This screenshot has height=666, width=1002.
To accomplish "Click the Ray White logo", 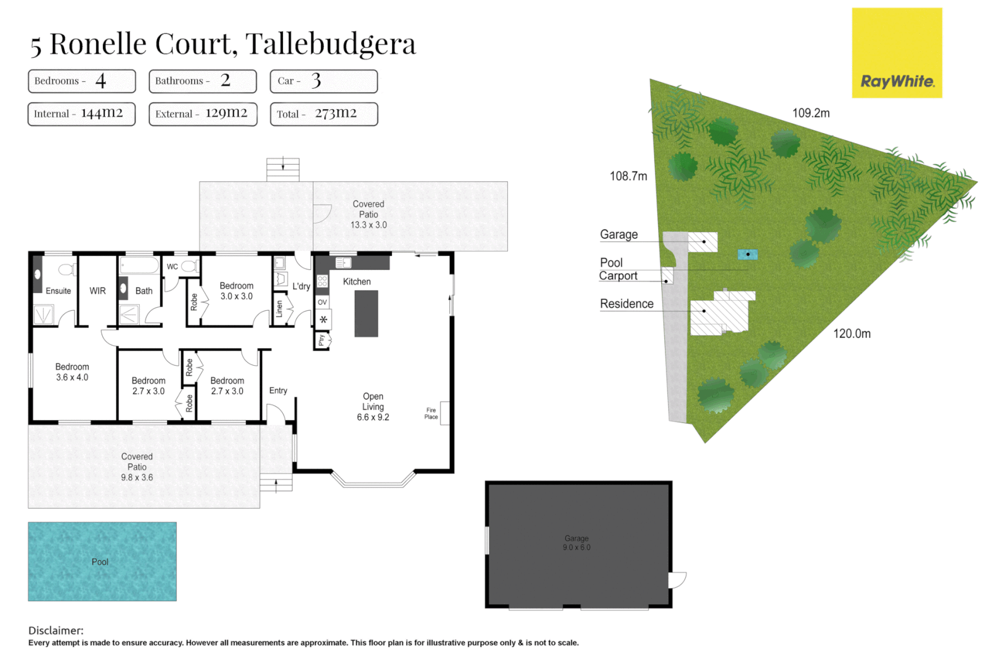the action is (897, 53).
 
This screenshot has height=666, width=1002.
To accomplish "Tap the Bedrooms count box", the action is (81, 81).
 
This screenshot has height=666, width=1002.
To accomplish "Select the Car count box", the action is (324, 81).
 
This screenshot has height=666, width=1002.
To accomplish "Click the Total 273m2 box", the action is (324, 114).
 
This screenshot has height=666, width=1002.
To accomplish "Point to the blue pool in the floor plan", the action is (102, 561).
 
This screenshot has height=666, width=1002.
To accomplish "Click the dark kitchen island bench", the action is (366, 313).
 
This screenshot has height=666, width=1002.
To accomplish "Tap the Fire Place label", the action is (431, 414).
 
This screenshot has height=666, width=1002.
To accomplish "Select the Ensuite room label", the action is (58, 291).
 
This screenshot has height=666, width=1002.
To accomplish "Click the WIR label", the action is (97, 291).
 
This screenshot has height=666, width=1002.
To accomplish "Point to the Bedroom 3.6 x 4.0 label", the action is (72, 372).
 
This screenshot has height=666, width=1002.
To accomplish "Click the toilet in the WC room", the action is (189, 266).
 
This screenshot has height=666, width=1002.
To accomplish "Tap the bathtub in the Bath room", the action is (140, 266).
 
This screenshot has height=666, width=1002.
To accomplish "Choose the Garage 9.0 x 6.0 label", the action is (576, 543).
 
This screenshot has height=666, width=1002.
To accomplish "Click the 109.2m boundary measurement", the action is (810, 113).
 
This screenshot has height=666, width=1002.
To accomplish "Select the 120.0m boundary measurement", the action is (852, 334).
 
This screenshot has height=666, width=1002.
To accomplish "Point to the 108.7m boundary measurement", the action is (628, 176).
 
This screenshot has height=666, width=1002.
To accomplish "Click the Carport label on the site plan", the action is (618, 276).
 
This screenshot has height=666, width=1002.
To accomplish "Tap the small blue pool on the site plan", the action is (747, 254).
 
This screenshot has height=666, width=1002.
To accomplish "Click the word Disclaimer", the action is (55, 630).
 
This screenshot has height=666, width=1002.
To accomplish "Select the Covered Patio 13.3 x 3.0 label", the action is (369, 215).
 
